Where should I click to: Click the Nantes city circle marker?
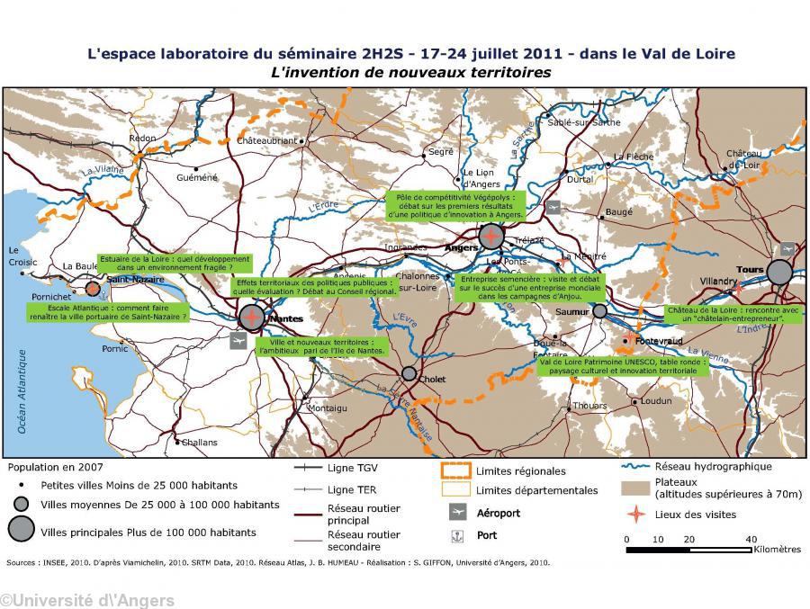253,317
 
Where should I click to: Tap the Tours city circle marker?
779,272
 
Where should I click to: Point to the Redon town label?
143,139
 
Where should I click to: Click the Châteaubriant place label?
266,141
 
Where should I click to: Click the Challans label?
199,443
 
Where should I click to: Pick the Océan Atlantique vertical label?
22,391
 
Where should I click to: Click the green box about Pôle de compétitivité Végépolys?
454,205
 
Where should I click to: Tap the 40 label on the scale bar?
751,540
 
